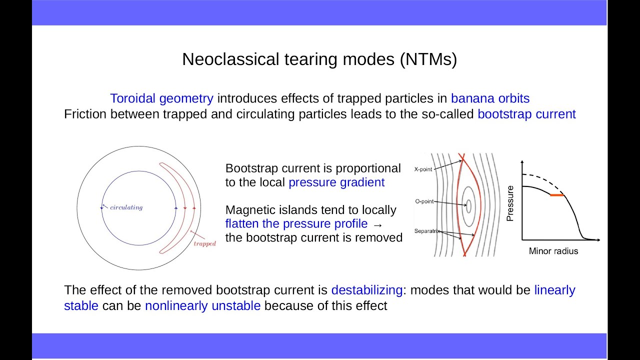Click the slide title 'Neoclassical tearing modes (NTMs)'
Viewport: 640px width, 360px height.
[319, 59]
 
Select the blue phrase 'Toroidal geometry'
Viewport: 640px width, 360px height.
[161, 98]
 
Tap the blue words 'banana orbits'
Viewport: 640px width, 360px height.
[490, 98]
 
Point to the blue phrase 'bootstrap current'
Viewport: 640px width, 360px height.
[526, 114]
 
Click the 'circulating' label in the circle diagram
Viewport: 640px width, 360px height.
[126, 207]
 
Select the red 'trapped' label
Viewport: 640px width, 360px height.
[204, 243]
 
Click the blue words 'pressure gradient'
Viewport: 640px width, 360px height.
[336, 182]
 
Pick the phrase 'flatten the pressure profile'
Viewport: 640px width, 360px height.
[296, 223]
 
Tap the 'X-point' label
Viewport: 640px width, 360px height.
[423, 169]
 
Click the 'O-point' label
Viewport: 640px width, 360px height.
[424, 201]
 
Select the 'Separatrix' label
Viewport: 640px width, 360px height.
[425, 231]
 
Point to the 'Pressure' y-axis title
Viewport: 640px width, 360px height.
[510, 203]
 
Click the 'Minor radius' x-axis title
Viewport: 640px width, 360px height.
[553, 251]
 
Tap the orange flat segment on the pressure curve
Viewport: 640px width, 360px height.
[556, 195]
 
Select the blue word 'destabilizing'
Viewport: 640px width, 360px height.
[366, 290]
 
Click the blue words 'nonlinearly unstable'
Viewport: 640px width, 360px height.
[202, 305]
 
